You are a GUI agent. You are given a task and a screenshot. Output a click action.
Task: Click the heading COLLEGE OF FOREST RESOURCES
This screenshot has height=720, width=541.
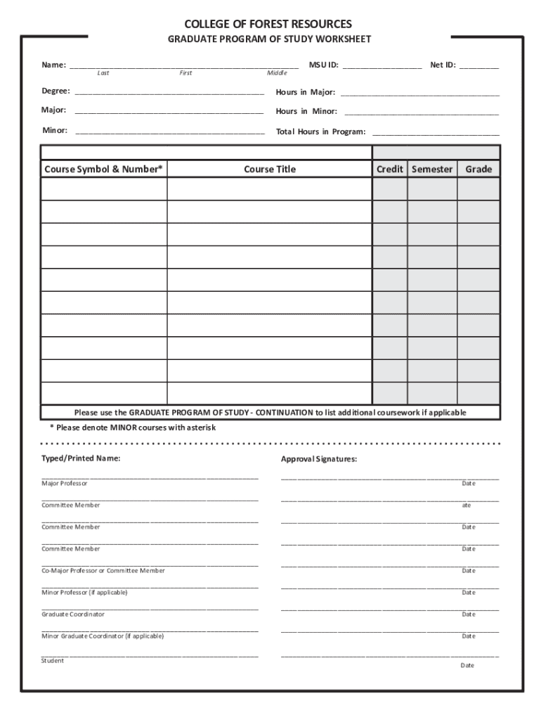(268, 25)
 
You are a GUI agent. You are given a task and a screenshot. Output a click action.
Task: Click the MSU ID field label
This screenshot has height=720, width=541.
(324, 65)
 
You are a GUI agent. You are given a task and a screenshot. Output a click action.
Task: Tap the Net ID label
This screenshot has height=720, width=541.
(443, 65)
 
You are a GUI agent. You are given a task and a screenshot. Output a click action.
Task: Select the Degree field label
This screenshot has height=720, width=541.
(56, 91)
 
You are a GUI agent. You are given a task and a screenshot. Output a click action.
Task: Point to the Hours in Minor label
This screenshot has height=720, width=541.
(306, 111)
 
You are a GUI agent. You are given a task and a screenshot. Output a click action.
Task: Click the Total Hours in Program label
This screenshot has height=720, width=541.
(320, 131)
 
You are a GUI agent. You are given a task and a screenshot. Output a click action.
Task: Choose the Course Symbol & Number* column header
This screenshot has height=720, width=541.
(103, 169)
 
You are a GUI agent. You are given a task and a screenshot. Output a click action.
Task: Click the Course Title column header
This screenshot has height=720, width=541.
(270, 169)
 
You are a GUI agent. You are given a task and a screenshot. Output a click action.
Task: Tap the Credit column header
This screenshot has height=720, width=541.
(390, 169)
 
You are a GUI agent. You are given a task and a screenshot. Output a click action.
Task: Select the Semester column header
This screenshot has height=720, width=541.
(432, 169)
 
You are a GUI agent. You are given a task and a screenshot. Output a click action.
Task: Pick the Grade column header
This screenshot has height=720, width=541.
(478, 169)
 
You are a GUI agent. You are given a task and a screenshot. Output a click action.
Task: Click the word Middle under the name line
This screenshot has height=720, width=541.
(277, 73)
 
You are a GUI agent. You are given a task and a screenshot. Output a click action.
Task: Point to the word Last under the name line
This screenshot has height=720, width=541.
(103, 73)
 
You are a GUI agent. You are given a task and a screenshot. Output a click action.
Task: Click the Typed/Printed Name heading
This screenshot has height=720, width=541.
(81, 458)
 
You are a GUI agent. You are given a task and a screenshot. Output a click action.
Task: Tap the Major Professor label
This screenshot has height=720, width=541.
(65, 484)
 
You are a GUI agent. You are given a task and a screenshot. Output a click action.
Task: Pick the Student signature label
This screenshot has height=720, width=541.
(53, 661)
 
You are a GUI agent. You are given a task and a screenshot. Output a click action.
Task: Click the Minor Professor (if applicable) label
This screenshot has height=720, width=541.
(84, 593)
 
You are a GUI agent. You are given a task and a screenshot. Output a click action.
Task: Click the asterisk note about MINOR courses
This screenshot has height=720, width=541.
(132, 427)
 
